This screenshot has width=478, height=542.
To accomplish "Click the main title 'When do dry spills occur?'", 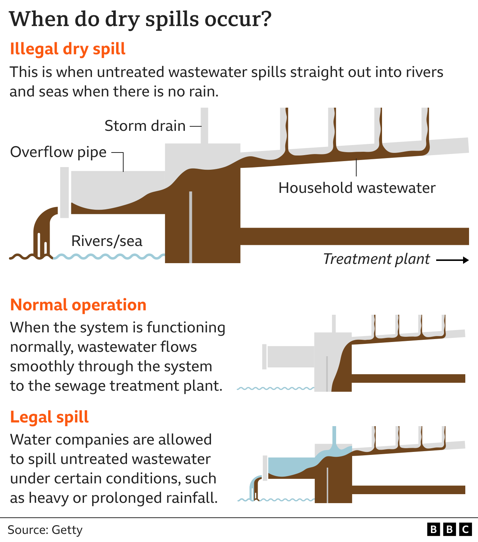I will click(140, 19).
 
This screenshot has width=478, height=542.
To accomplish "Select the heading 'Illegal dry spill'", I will click(68, 49).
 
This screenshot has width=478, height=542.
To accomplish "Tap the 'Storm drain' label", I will click(145, 126).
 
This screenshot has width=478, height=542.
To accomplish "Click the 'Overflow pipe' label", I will click(58, 152).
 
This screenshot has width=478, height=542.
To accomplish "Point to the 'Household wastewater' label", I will click(357, 188).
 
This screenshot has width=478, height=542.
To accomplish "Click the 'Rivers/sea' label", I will click(107, 241).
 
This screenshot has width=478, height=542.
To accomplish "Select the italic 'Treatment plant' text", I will click(376, 259).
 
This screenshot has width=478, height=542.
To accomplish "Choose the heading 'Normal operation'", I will click(78, 305).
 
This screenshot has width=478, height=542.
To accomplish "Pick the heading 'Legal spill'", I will click(49, 417).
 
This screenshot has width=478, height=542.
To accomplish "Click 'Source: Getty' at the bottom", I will click(45, 530).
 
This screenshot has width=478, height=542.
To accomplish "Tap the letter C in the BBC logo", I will click(465, 530).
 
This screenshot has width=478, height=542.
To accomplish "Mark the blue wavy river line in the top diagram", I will click(108, 256).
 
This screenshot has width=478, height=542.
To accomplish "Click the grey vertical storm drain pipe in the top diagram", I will click(204, 125).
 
